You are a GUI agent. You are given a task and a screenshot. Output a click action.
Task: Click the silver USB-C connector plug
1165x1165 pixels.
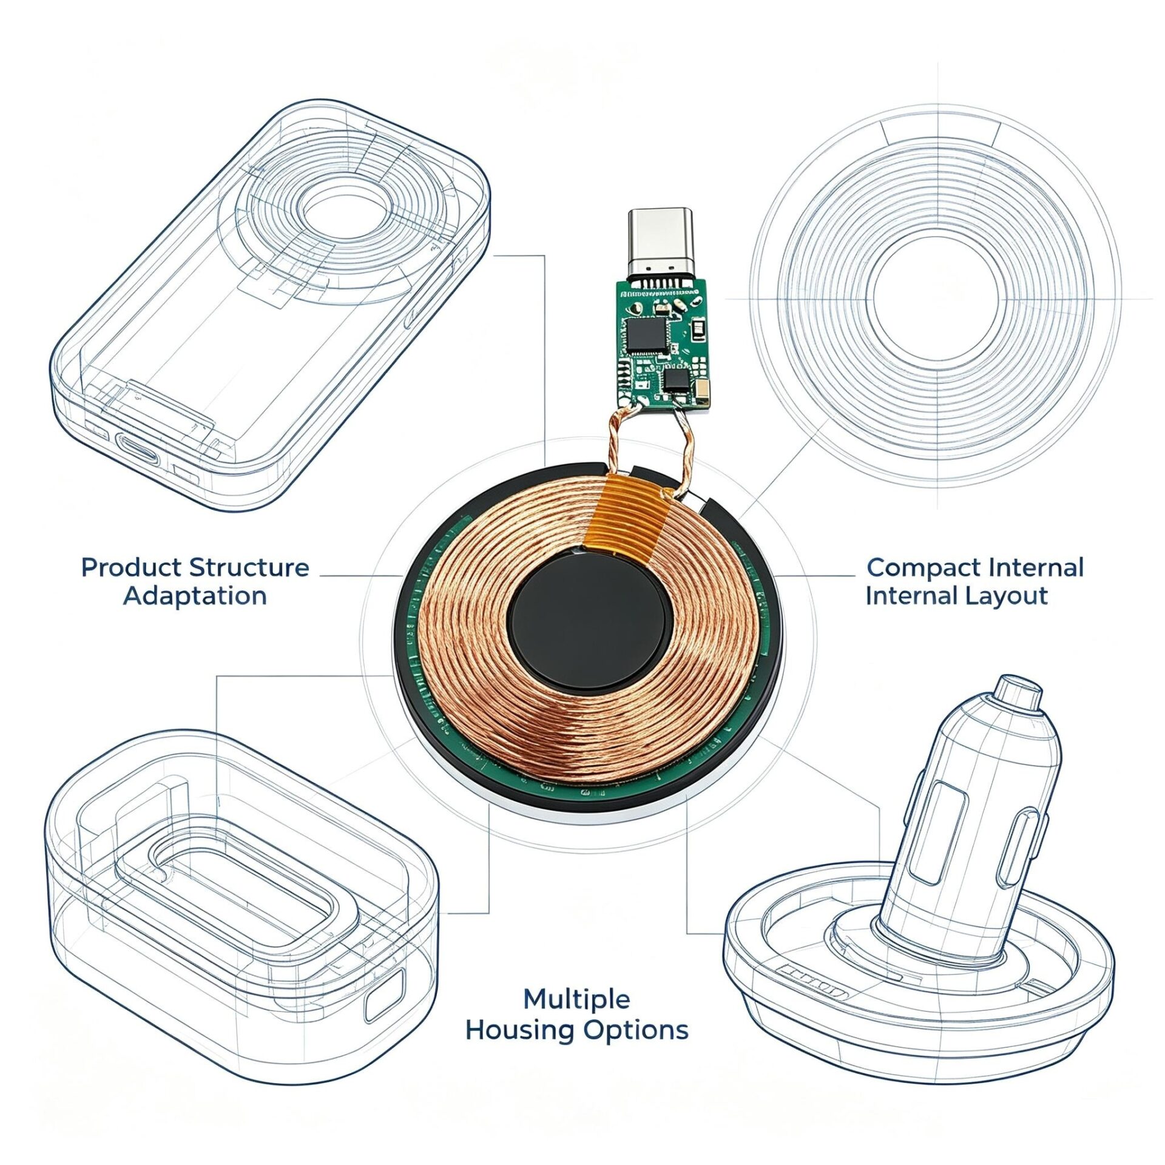(660, 242)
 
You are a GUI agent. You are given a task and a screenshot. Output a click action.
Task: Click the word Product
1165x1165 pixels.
(130, 568)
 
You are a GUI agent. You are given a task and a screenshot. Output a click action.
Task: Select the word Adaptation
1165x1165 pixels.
(195, 596)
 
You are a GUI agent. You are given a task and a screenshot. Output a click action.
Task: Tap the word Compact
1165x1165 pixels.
(924, 568)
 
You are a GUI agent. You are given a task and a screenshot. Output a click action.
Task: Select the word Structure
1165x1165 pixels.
(249, 568)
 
